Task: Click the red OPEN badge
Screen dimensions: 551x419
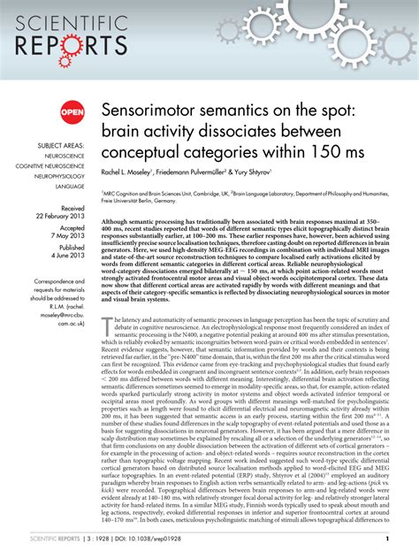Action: point(72,112)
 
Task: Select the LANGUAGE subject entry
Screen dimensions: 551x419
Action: point(72,187)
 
